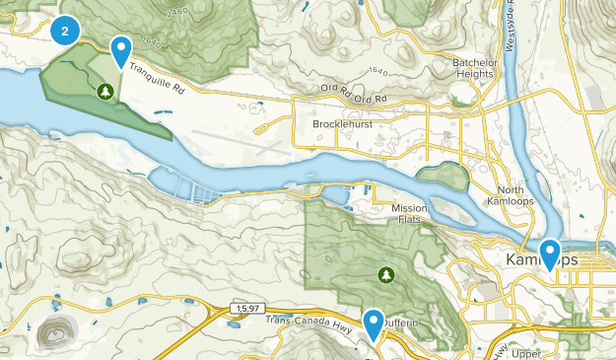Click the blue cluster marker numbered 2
(x=65, y=31)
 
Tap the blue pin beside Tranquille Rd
(x=121, y=50)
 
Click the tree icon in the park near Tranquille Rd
(x=105, y=92)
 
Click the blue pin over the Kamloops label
(x=549, y=253)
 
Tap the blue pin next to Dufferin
(x=374, y=324)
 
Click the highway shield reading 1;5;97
(x=248, y=309)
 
